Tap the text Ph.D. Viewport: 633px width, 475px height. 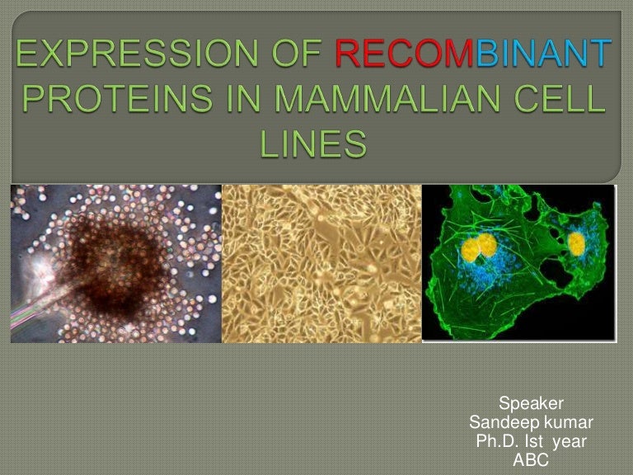coord(499,441)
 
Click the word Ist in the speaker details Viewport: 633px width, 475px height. coord(537,441)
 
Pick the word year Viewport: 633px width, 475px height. coord(570,441)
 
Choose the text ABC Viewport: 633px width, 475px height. coord(531,460)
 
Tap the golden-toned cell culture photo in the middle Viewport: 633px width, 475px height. coord(321,264)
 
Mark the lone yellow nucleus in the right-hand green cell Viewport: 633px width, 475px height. coord(576,242)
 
